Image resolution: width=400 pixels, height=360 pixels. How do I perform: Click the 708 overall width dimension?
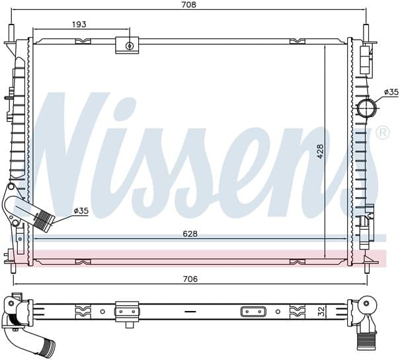coord(189,5)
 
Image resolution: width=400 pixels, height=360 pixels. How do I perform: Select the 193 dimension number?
coord(79,24)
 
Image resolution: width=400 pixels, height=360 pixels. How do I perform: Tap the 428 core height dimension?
coord(321,151)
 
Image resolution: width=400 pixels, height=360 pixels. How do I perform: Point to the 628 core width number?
coord(190,234)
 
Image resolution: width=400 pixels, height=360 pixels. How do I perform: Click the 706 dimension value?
coord(190,279)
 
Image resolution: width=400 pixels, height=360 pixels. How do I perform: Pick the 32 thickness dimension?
coord(322,312)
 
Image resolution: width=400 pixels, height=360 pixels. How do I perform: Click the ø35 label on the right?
coord(391,92)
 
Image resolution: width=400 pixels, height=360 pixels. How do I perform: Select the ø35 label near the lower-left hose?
coord(81,210)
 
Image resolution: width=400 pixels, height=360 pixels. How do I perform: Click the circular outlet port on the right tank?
coord(367,108)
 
